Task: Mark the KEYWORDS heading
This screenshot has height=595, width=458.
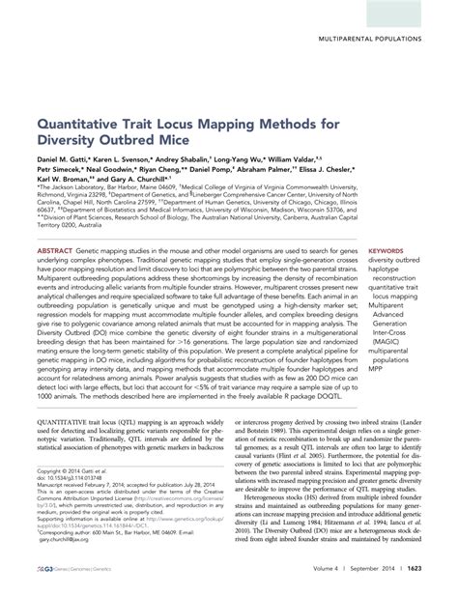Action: [386, 249]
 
